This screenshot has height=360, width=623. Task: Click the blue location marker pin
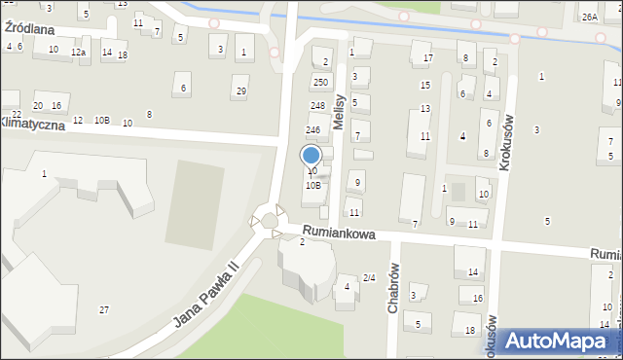coord(311,156)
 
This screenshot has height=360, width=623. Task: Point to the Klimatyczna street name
coord(31,125)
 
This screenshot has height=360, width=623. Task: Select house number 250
coord(320,83)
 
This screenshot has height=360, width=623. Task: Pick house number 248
coord(317,105)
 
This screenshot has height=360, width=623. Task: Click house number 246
coord(313,129)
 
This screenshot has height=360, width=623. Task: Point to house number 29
coord(241,90)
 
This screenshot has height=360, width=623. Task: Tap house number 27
coord(104,309)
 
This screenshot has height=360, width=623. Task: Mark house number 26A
coord(589,18)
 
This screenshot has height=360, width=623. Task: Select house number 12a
coord(78,52)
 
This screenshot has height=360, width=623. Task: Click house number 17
coord(427,58)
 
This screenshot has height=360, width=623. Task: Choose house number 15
coord(424,85)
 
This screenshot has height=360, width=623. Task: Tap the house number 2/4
coord(369,278)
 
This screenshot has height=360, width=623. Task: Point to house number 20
coord(38,105)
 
